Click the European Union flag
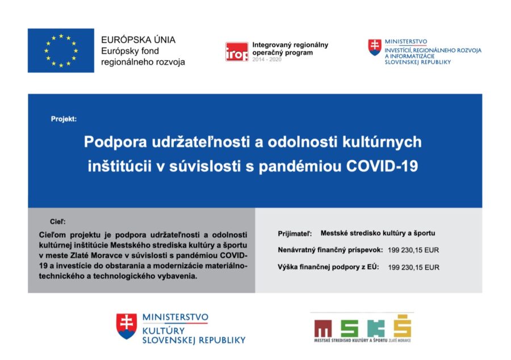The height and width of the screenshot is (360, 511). [61, 51]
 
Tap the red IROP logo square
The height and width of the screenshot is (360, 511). [237, 52]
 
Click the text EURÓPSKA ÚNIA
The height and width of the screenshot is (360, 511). [138, 40]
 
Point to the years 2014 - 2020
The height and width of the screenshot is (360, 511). [267, 59]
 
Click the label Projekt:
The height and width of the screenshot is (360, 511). [64, 119]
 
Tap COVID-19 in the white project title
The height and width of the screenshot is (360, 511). [382, 166]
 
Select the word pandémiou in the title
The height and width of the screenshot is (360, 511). [300, 166]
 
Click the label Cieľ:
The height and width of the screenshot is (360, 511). [58, 221]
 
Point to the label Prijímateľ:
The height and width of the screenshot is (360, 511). [295, 233]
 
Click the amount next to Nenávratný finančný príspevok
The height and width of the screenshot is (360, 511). [413, 250]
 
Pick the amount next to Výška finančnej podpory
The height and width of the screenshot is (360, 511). [413, 267]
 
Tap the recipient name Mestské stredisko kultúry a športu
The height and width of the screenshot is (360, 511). [378, 233]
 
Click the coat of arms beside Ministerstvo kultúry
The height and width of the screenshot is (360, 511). [127, 326]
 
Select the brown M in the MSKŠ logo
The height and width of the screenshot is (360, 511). [323, 328]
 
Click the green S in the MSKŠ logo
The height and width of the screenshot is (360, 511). [350, 328]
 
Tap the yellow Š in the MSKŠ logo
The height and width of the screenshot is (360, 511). [403, 326]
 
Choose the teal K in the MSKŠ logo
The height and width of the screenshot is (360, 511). [376, 328]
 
